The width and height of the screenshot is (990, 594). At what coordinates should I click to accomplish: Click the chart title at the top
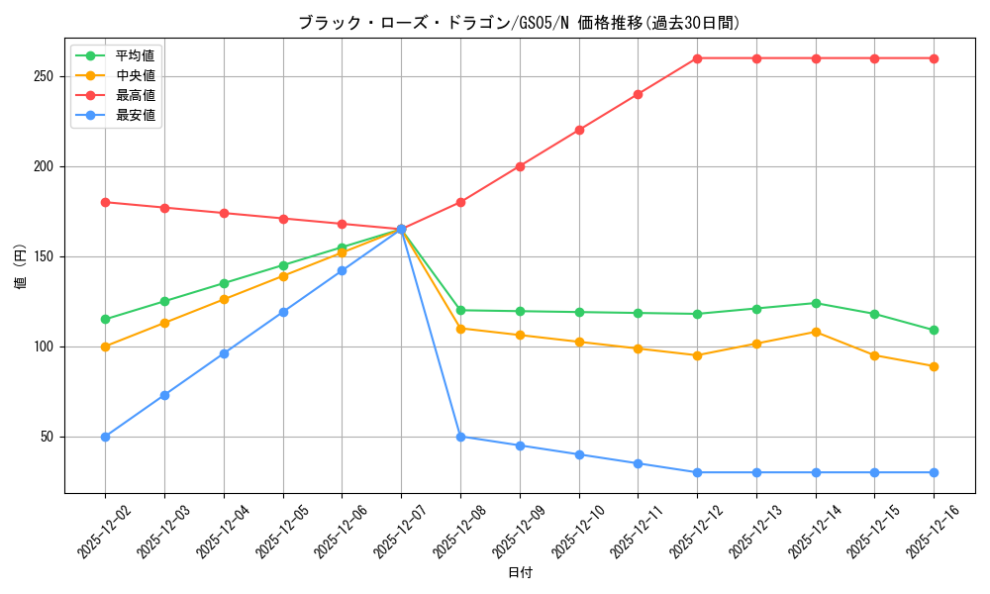click(x=519, y=23)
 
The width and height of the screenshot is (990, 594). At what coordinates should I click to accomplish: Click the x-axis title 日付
click(x=520, y=573)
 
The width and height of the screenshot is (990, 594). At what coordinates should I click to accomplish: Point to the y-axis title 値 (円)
click(x=21, y=267)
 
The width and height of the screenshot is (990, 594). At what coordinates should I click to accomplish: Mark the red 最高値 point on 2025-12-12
click(x=697, y=58)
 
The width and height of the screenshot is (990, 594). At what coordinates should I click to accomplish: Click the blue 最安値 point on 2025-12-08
click(x=460, y=437)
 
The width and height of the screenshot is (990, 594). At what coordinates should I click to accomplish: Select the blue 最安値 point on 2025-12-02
click(x=105, y=437)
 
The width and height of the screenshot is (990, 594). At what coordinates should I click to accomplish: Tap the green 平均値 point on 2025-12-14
click(x=816, y=303)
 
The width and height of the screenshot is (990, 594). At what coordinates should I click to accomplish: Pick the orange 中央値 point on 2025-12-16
click(x=934, y=366)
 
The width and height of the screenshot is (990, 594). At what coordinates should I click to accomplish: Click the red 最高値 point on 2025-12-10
click(x=579, y=130)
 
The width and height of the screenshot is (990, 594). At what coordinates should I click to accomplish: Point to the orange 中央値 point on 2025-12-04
click(x=224, y=299)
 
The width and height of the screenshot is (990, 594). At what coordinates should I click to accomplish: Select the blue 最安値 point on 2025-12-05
click(x=283, y=312)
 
